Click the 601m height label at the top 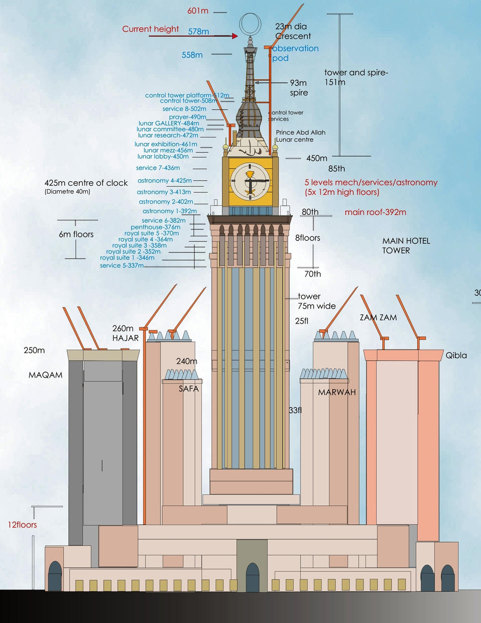(197, 11)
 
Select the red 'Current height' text (150, 29)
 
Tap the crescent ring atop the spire (250, 24)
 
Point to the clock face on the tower (250, 181)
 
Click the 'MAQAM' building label (46, 375)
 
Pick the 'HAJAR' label (125, 338)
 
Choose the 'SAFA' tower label (188, 388)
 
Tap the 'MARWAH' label (337, 392)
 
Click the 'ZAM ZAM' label (378, 318)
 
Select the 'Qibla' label (456, 355)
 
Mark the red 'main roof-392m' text (375, 212)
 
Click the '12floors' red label (22, 525)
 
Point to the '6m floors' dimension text (76, 234)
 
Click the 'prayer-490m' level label (187, 117)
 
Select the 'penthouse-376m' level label (155, 227)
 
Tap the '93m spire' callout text (299, 88)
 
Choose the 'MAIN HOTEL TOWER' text (406, 245)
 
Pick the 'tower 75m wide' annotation (316, 301)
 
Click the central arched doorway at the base (253, 577)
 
